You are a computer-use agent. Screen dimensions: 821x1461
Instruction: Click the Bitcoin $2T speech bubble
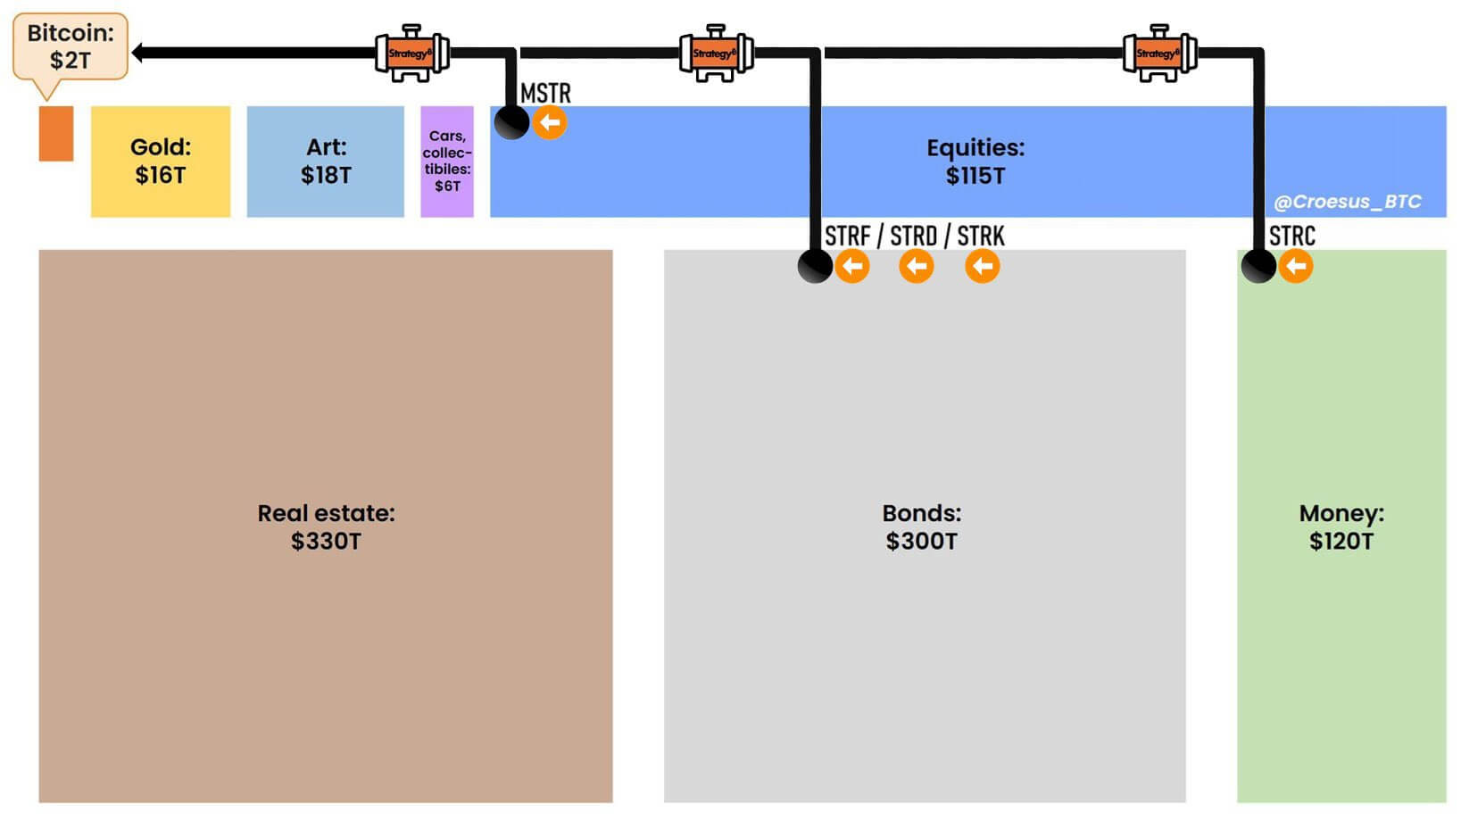70,46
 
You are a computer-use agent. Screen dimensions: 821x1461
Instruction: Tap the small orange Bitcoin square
56,134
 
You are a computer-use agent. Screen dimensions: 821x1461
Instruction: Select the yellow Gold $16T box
161,162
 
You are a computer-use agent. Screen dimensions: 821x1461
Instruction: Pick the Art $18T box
325,162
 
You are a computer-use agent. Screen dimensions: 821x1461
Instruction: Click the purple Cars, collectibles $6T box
447,162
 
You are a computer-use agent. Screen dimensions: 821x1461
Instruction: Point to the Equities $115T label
975,162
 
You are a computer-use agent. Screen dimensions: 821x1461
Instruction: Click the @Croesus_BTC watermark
1347,202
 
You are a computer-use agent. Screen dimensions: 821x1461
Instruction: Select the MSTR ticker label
545,93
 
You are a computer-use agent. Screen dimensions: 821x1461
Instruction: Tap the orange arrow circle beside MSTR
550,122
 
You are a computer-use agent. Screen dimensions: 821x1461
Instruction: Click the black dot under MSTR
512,122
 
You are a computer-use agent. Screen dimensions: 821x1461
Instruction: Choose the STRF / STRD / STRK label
914,236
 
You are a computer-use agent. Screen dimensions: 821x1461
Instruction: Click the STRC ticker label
1291,236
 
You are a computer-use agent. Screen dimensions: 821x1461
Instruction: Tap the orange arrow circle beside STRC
1296,266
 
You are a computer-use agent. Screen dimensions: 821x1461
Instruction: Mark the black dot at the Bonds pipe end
815,266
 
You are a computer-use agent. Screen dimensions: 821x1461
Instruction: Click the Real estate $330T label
326,527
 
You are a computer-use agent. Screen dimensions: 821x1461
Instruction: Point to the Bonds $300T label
921,527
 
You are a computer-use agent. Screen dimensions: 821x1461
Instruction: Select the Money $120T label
1341,527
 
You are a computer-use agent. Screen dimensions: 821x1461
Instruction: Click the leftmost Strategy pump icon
411,54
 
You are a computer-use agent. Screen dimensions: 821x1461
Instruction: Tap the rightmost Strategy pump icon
1159,54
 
